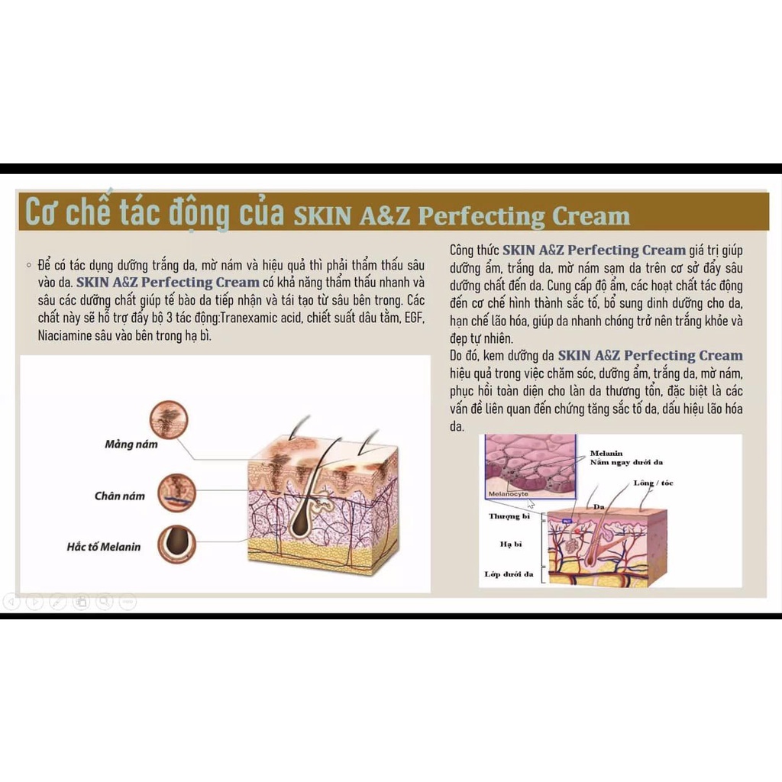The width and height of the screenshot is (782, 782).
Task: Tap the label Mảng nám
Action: click(131, 444)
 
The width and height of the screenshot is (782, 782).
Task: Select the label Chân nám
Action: click(119, 496)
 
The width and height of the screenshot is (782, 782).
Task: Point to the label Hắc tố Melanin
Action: click(103, 547)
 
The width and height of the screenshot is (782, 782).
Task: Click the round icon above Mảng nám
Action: click(167, 419)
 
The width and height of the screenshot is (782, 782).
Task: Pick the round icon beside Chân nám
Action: click(176, 493)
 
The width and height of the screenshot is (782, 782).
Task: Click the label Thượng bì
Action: click(509, 517)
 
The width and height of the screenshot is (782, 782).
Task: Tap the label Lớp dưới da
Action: click(509, 574)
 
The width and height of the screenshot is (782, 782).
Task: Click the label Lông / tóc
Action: click(654, 483)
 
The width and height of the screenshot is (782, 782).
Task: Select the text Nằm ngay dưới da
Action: click(626, 463)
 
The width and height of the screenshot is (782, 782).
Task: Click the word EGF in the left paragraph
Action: click(409, 316)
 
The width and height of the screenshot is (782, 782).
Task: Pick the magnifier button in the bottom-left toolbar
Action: click(105, 602)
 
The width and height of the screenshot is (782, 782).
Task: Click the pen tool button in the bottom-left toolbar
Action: click(58, 602)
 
